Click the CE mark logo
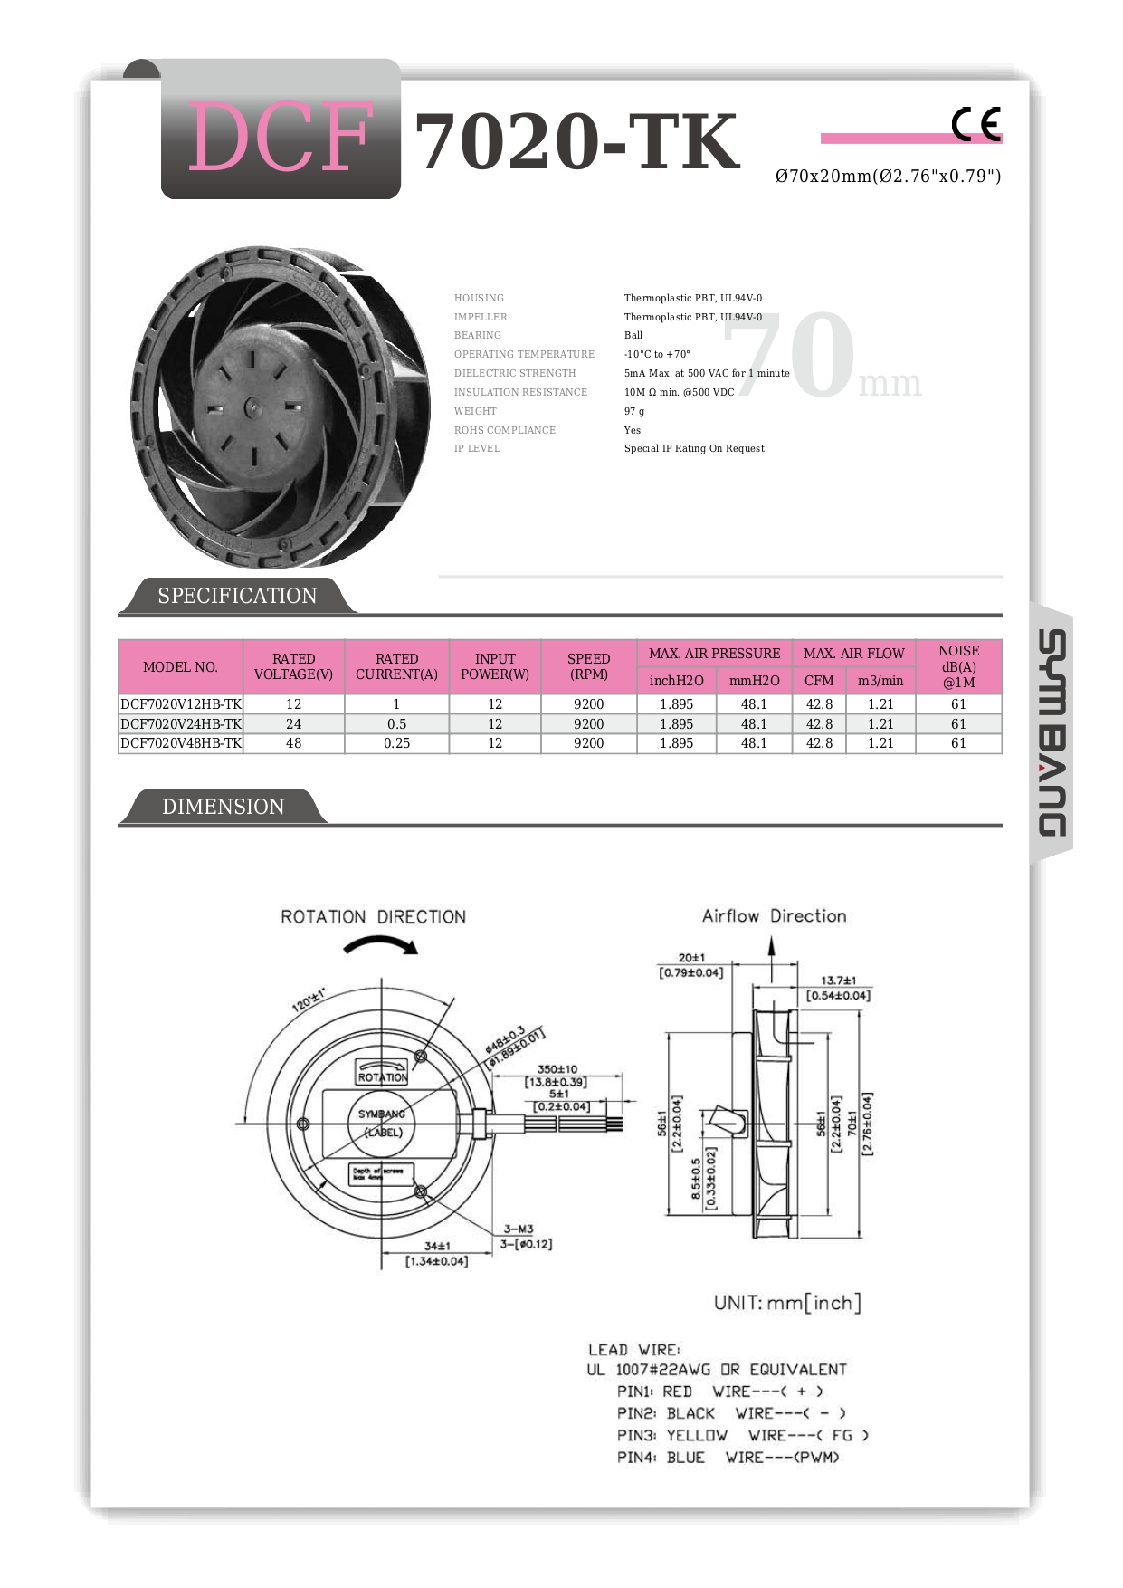click(975, 124)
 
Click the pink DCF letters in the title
click(281, 138)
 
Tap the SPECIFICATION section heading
click(237, 596)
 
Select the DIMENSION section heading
click(223, 807)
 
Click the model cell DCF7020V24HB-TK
click(181, 724)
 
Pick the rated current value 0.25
click(396, 743)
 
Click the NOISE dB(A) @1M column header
click(958, 666)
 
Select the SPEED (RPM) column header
click(588, 666)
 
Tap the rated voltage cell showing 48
click(293, 743)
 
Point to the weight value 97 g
click(634, 411)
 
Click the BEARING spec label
click(478, 335)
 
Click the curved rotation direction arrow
click(381, 945)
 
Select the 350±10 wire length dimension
click(557, 1069)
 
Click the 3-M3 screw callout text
click(519, 1229)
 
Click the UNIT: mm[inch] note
click(787, 1303)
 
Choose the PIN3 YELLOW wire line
click(742, 1435)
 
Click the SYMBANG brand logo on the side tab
click(1052, 733)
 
